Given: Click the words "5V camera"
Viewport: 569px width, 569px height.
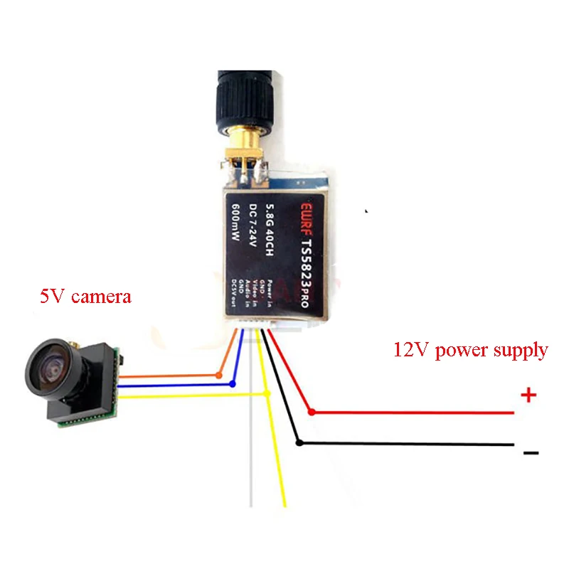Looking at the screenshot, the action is click(x=85, y=295).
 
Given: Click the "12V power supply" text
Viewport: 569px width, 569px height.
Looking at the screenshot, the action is click(x=470, y=350).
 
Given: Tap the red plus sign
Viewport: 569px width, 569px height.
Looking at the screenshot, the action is click(x=528, y=396).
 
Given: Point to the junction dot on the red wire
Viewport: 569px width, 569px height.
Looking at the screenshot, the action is click(x=312, y=411).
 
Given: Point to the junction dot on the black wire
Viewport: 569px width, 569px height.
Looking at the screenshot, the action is click(x=300, y=442).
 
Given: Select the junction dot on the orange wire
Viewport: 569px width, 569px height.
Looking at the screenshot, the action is click(x=220, y=374).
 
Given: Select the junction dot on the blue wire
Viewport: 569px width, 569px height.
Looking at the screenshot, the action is click(x=233, y=384).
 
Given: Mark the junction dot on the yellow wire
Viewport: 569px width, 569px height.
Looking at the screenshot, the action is click(x=267, y=393).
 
